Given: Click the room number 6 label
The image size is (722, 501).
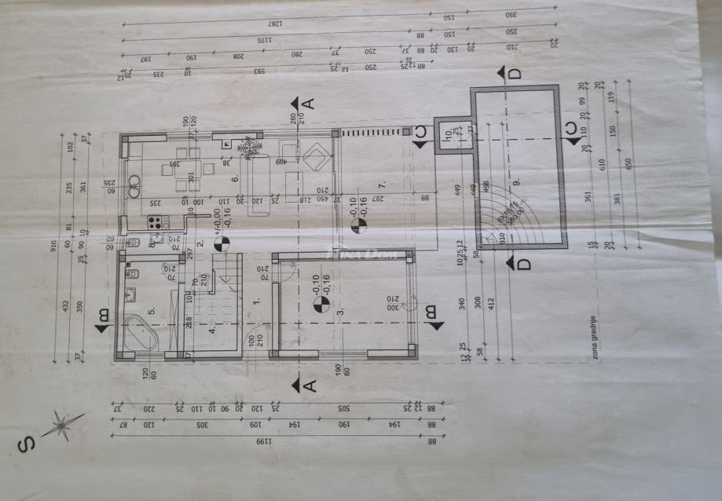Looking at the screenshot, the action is [x=235, y=180].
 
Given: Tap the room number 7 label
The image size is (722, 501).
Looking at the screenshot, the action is [x=382, y=185].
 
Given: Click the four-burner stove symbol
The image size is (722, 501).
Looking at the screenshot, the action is [x=156, y=222].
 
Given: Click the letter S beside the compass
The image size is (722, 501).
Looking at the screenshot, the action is [x=25, y=445].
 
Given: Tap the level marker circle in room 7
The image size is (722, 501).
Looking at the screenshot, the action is [x=358, y=225].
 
